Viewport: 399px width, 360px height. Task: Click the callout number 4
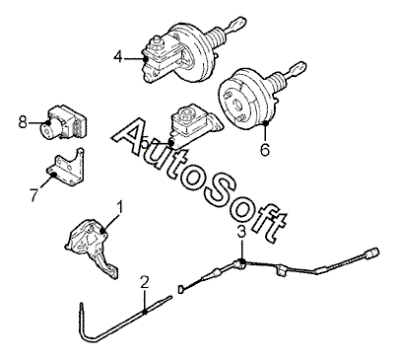tap(118, 57)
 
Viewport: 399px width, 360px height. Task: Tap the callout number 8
tap(23, 122)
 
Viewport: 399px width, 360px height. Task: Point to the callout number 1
tap(119, 208)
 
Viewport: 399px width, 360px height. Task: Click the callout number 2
tap(144, 283)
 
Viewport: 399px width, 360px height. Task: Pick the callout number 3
tap(241, 232)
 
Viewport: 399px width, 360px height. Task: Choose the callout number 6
tap(265, 150)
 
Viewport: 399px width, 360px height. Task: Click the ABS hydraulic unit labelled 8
tap(64, 122)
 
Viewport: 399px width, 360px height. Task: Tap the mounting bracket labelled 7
tap(66, 166)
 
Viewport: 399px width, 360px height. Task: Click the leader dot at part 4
tap(145, 59)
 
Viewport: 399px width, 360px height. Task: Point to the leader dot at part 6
tap(266, 123)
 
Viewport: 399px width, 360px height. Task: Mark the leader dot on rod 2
tap(145, 312)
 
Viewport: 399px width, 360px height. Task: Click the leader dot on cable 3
tap(241, 261)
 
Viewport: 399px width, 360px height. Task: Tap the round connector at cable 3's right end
tap(374, 252)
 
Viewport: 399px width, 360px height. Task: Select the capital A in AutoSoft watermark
tap(132, 136)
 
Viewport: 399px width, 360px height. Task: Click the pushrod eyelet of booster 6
tap(297, 68)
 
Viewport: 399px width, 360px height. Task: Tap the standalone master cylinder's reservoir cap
tap(187, 112)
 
